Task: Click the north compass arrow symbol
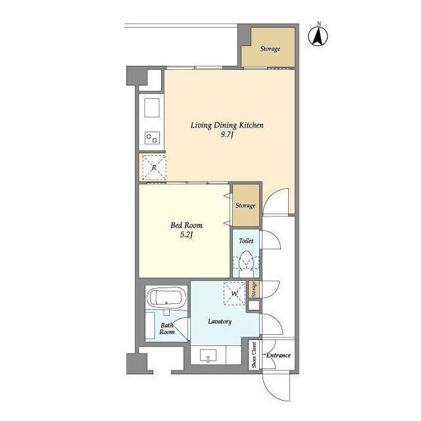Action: (318, 35)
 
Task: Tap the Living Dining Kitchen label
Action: (227, 126)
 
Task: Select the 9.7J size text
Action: (227, 134)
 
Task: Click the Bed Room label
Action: (186, 225)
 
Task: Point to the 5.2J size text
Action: (186, 235)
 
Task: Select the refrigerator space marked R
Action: (154, 168)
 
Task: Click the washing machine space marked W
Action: (235, 293)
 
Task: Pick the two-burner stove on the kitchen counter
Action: (152, 138)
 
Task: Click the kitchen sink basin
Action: (152, 108)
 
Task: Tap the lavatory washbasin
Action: (208, 356)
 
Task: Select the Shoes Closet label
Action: (254, 355)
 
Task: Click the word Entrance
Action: (278, 355)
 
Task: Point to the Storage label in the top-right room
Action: (270, 49)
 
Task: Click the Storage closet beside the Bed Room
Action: (245, 205)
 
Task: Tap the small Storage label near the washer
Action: (254, 289)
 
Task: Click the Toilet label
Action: (246, 241)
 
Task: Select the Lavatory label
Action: (220, 322)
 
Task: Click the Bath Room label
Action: (166, 329)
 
